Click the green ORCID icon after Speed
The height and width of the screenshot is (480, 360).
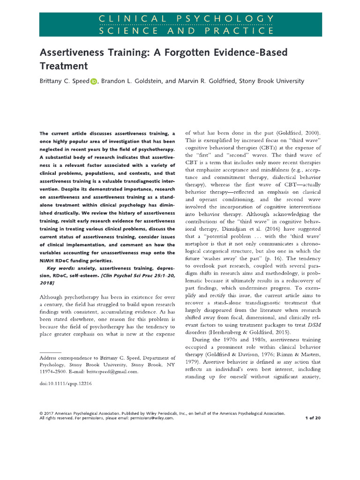[x=93, y=81]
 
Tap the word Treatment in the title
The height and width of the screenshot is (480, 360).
[x=64, y=66]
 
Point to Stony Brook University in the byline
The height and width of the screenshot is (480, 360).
[x=271, y=81]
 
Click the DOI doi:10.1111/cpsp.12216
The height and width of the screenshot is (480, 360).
[x=65, y=383]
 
